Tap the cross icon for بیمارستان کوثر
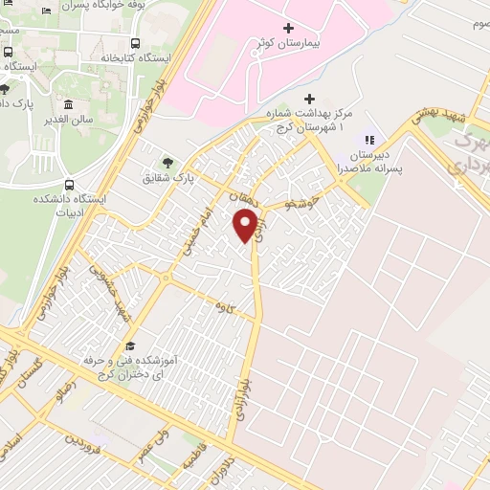pyautogui.click(x=288, y=29)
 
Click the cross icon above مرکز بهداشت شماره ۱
pyautogui.click(x=308, y=98)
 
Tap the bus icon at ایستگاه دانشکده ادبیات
pyautogui.click(x=68, y=185)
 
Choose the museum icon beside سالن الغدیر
pyautogui.click(x=68, y=104)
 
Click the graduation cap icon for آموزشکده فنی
pyautogui.click(x=130, y=346)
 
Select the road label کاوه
pyautogui.click(x=226, y=306)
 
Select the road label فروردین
pyautogui.click(x=81, y=443)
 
